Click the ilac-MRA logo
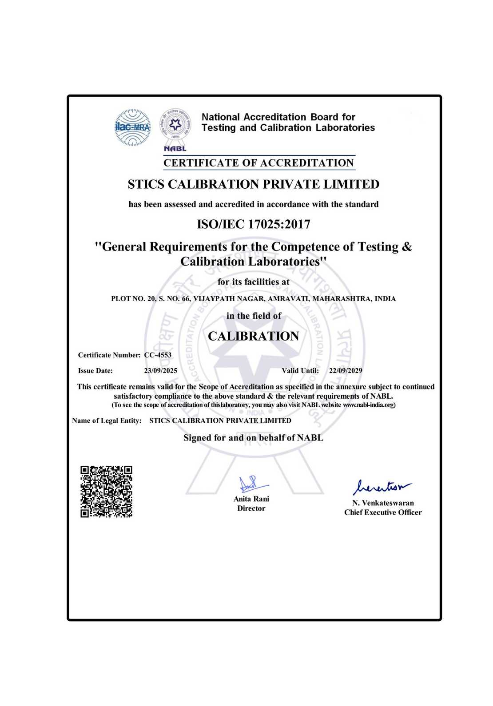pyautogui.click(x=133, y=127)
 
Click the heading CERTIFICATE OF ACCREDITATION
pyautogui.click(x=258, y=163)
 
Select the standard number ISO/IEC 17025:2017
pyautogui.click(x=253, y=224)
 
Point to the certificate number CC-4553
pyautogui.click(x=158, y=355)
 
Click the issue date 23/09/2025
pyautogui.click(x=160, y=371)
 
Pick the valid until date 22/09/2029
pyautogui.click(x=346, y=371)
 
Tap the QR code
pyautogui.click(x=107, y=492)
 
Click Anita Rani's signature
pyautogui.click(x=251, y=484)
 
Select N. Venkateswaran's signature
pyautogui.click(x=382, y=487)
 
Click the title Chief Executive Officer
pyautogui.click(x=383, y=512)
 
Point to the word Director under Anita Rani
pyautogui.click(x=251, y=508)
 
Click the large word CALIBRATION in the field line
pyautogui.click(x=253, y=336)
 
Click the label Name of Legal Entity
pyautogui.click(x=107, y=420)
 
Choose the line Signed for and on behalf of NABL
pyautogui.click(x=253, y=438)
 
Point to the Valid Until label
pyautogui.click(x=300, y=371)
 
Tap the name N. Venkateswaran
pyautogui.click(x=383, y=503)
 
